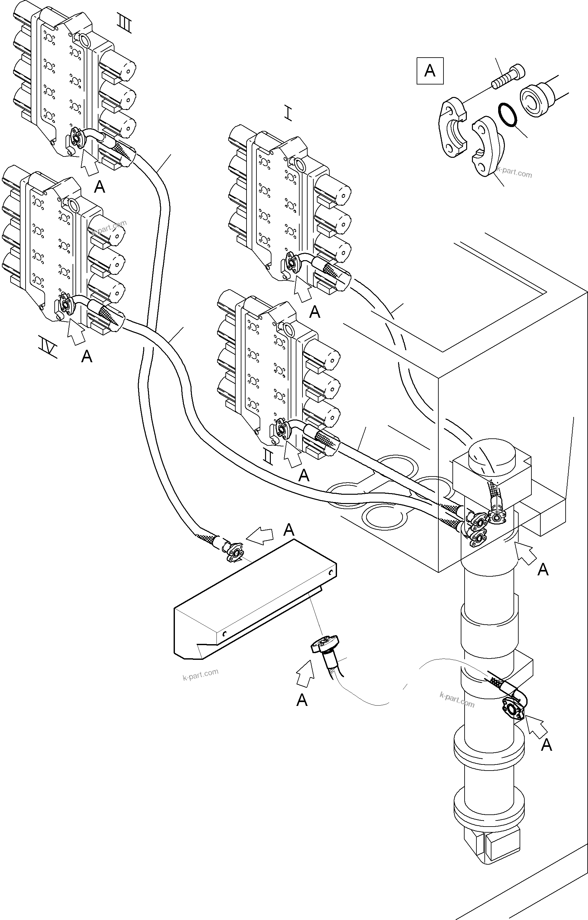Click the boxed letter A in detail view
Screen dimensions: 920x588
pyautogui.click(x=430, y=71)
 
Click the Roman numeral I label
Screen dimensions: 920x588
pyautogui.click(x=288, y=114)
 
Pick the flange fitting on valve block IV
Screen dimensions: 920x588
pyautogui.click(x=65, y=304)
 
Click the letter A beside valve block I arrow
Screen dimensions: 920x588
pyautogui.click(x=314, y=312)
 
